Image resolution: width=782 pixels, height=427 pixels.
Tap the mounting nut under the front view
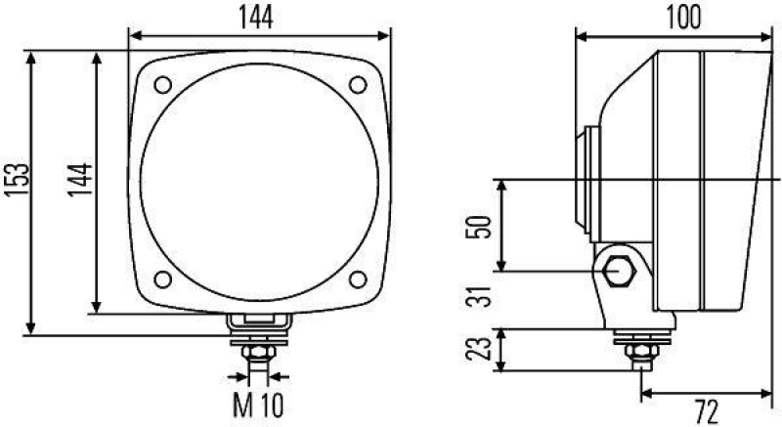(258, 349)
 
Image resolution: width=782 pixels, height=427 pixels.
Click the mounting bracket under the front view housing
(258, 321)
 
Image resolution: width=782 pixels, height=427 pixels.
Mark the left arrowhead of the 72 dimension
(645, 397)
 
